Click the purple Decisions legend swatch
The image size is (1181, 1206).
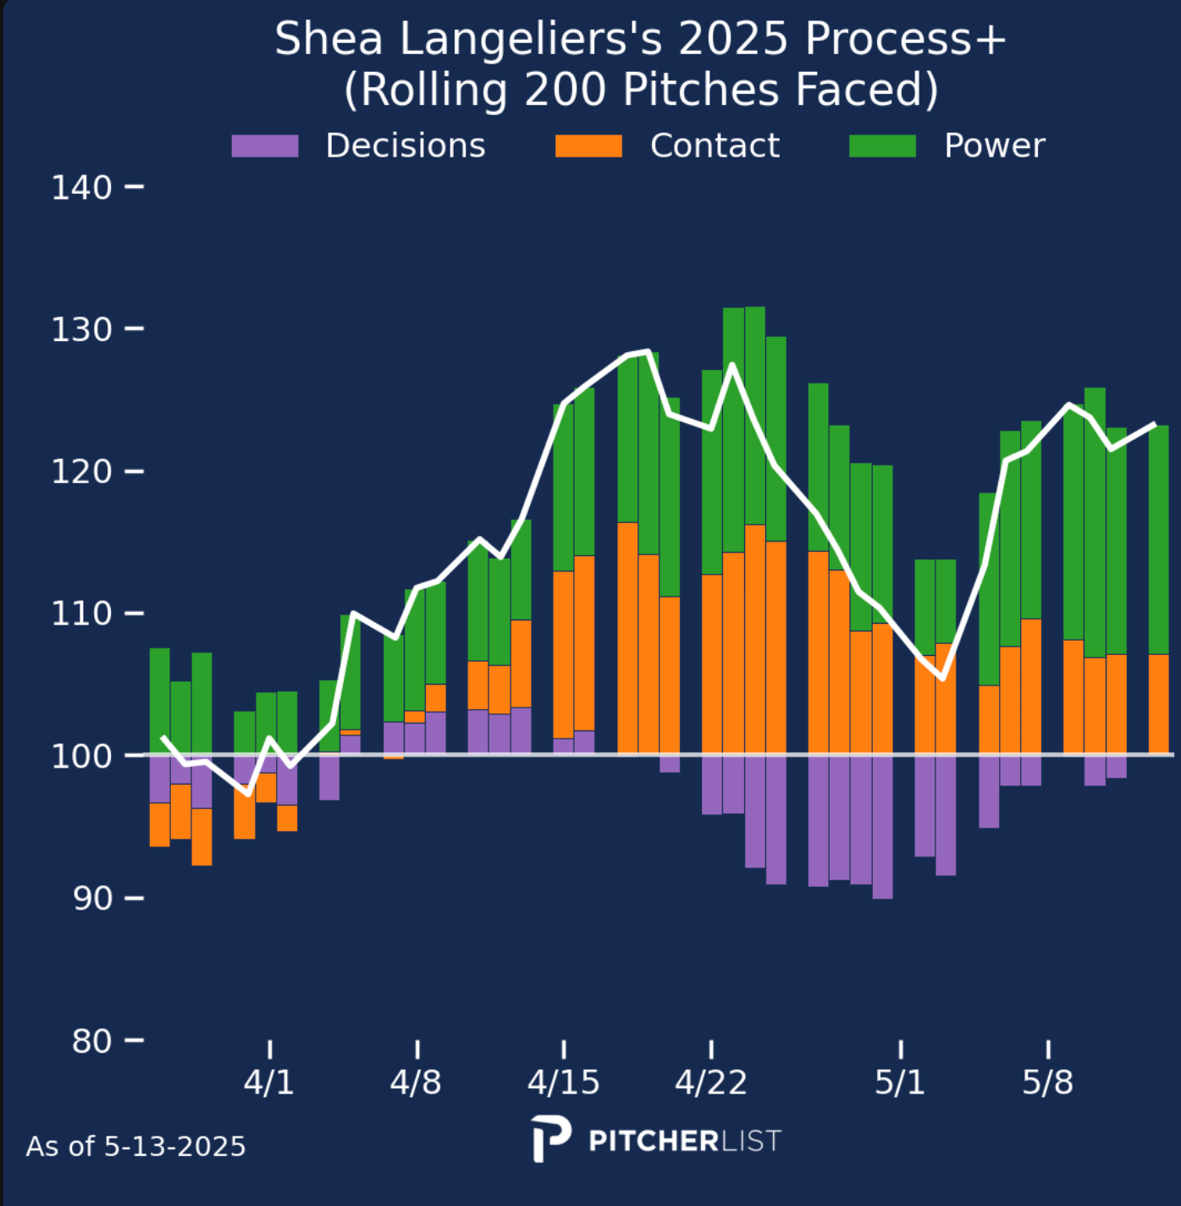coord(265,146)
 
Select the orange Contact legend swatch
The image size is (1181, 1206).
coord(588,146)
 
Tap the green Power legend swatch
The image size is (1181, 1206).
coord(882,146)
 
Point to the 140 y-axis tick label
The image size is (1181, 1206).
coord(81,187)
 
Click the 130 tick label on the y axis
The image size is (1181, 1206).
coord(81,329)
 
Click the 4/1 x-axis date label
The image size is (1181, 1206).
coord(269,1082)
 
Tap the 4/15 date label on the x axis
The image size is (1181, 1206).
coord(563,1082)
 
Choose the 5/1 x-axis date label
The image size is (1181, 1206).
coord(900,1082)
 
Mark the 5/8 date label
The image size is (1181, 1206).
coord(1047,1082)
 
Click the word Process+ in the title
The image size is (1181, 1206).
coord(905,39)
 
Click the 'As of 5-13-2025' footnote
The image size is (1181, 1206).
coord(135,1147)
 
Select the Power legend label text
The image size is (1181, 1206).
coord(994,146)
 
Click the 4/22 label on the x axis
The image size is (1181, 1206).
coord(710,1082)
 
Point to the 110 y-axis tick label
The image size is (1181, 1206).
coord(81,614)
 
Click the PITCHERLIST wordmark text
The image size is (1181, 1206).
coord(685,1141)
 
